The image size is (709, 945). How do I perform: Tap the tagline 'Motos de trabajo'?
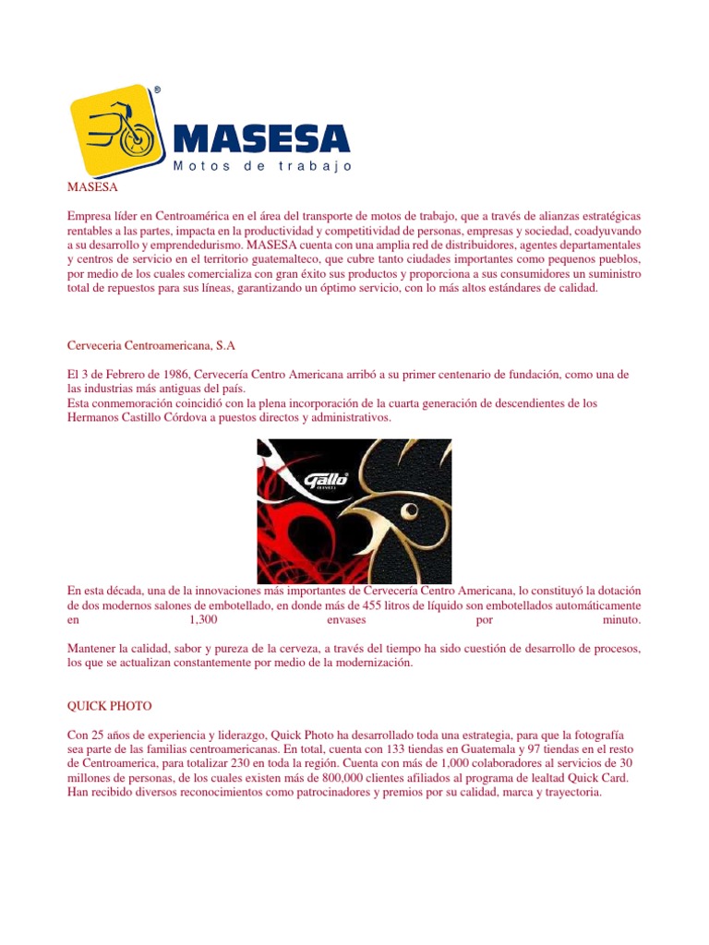click(262, 166)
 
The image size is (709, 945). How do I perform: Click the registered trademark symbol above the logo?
click(157, 90)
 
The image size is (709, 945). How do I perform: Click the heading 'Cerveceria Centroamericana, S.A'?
click(151, 344)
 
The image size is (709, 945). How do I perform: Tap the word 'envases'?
click(347, 620)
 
